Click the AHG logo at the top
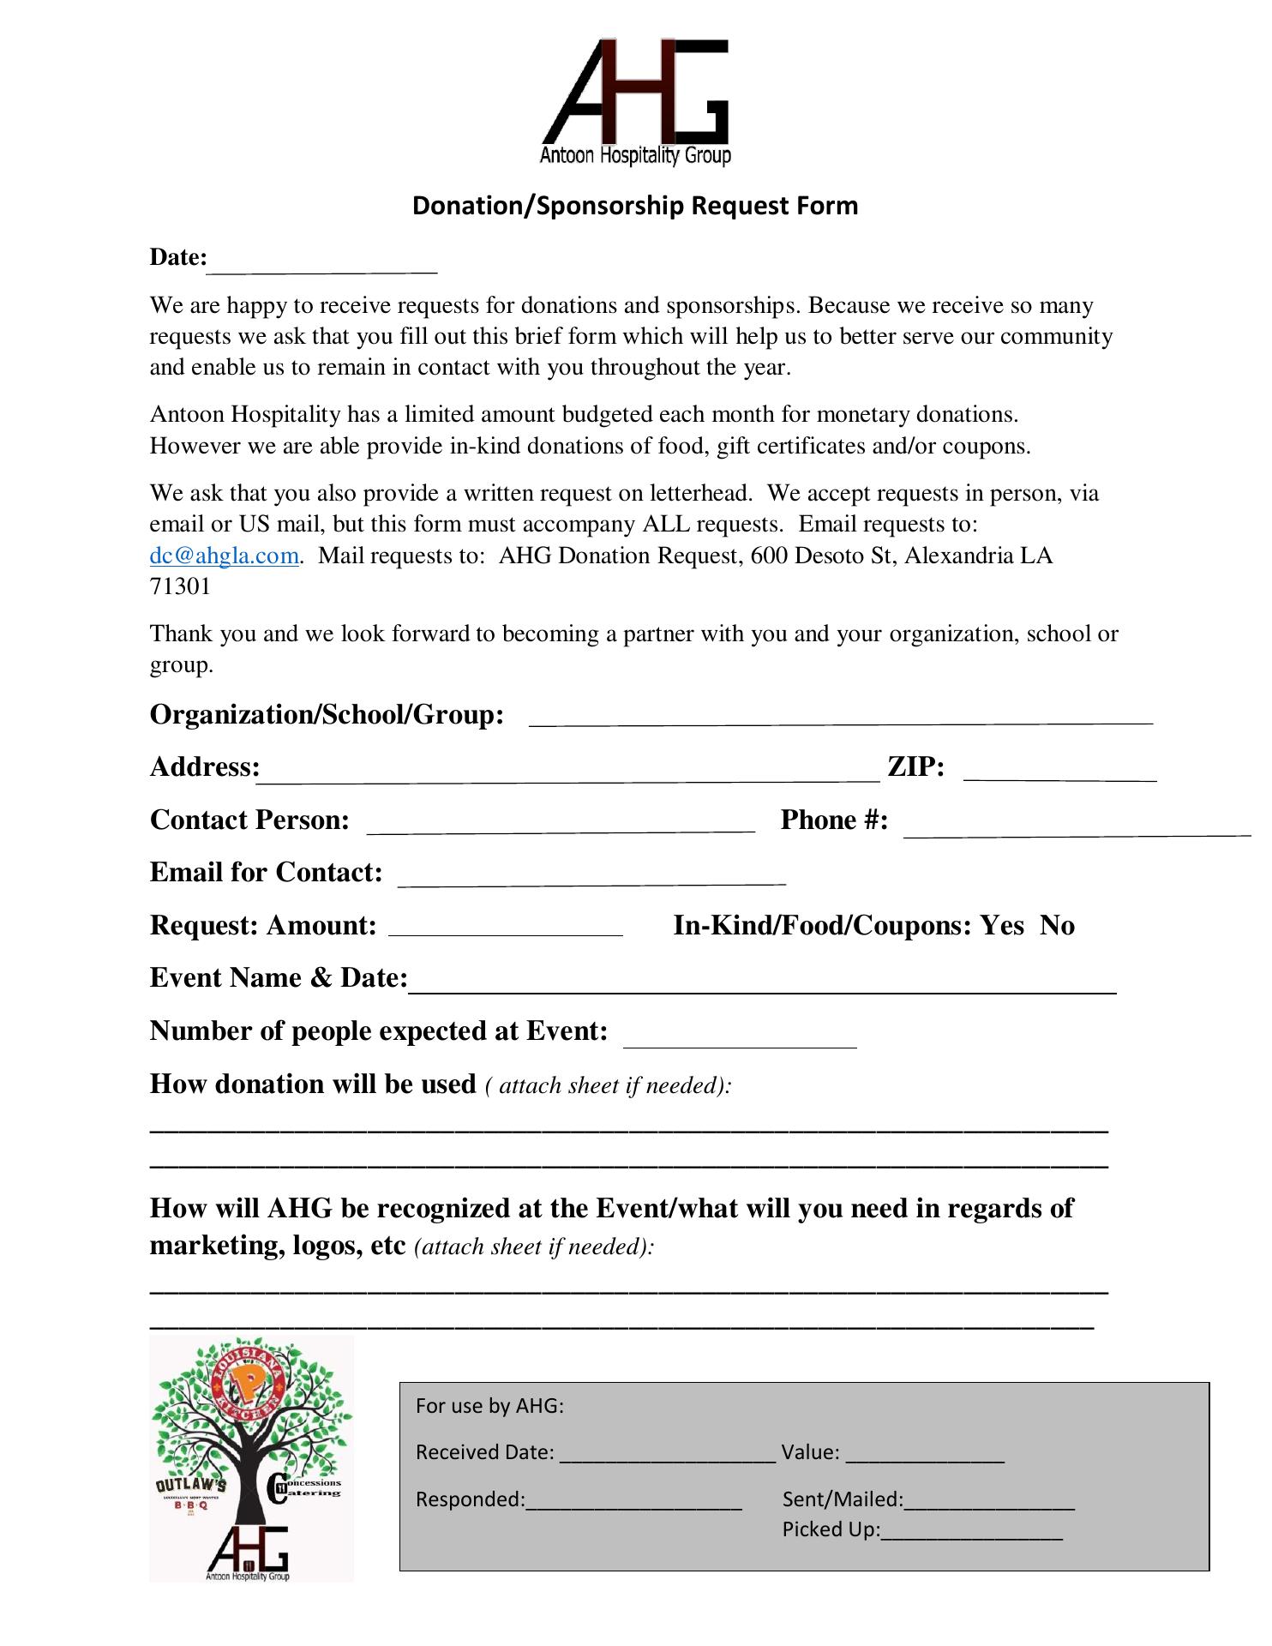pos(635,101)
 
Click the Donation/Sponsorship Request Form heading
pos(634,206)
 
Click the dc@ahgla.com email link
pos(224,556)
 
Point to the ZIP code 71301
pos(180,586)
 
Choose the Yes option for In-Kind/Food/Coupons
pos(1002,926)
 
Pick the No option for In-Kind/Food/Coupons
pos(1057,926)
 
